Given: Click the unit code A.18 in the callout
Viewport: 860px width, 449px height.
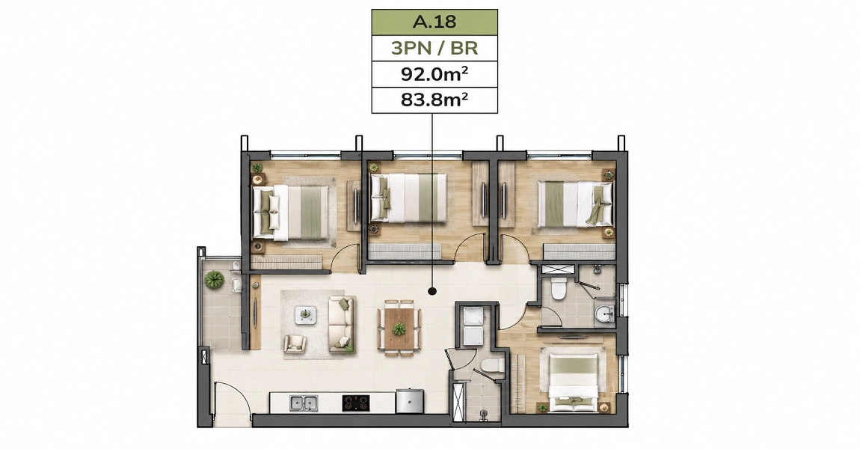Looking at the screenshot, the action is point(434,22).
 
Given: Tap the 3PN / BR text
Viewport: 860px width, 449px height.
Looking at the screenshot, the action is point(434,49).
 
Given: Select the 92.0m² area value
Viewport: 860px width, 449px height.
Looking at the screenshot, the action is point(434,74).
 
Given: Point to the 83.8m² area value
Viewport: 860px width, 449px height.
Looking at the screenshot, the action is point(434,100).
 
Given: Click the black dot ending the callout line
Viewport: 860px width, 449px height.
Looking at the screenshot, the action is point(432,291).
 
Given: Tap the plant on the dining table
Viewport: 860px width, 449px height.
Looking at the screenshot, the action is point(399,329).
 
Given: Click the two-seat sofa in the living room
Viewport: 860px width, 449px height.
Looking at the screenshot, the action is point(343,324).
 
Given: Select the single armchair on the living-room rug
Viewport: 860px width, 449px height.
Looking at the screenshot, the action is point(295,343).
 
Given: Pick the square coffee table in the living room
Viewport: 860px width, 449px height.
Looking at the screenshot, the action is point(306,315).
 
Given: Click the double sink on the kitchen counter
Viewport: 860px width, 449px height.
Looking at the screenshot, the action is point(304,403).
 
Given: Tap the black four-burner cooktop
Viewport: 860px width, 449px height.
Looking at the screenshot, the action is point(355,403).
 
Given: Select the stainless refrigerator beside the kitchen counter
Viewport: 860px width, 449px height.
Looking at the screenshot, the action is point(410,400).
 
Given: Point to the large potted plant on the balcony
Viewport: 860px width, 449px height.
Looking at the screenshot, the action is point(214,280).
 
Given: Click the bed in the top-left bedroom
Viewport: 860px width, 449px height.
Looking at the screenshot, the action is point(290,213).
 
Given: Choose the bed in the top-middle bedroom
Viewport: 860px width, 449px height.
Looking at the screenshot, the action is point(408,198).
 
